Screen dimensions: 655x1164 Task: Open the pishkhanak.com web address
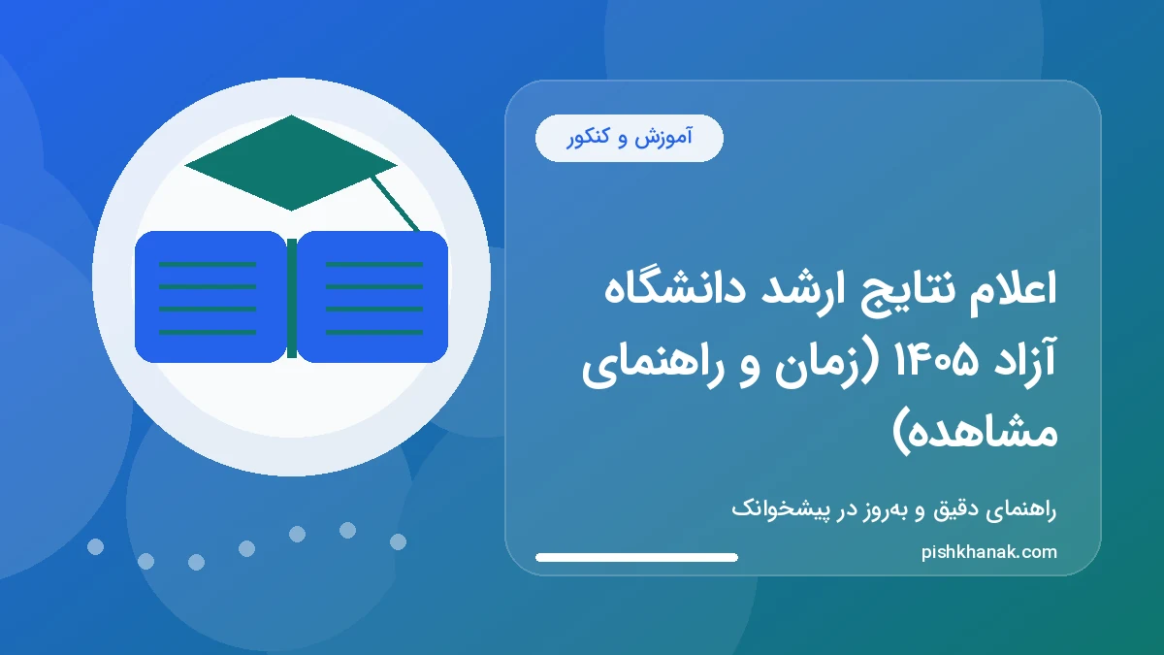989,552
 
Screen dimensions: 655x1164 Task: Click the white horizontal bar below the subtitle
636,557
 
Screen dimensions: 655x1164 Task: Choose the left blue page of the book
210,297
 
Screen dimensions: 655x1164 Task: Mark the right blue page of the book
373,297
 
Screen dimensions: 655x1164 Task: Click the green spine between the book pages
291,297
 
